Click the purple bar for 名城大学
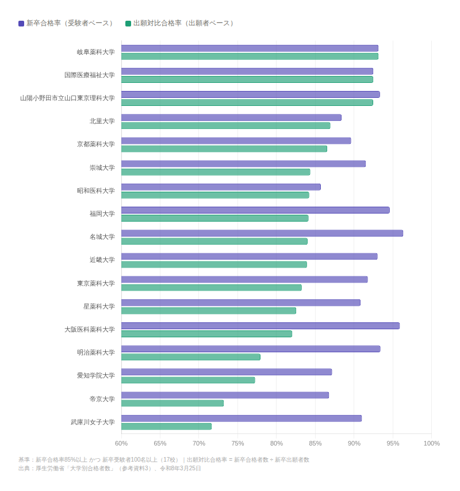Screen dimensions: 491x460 262,233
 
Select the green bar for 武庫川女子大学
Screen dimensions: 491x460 166,427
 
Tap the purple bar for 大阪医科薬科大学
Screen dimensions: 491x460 260,326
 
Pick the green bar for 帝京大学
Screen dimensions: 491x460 172,404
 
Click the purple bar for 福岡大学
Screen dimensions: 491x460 255,210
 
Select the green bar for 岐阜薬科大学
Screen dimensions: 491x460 250,56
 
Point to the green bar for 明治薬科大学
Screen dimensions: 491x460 190,357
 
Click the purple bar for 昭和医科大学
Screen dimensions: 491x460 221,187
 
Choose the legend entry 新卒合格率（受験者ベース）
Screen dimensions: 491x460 67,23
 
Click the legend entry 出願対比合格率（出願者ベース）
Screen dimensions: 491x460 181,23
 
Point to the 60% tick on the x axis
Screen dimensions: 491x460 121,443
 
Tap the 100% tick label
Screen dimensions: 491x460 431,443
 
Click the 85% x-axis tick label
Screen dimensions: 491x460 315,443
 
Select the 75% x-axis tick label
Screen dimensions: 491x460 237,443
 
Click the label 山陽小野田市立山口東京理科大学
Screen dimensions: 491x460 67,98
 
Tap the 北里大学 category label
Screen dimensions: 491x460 102,121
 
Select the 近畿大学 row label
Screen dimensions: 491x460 102,260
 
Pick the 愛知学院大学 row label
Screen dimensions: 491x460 95,376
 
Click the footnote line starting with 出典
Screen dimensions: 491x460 110,469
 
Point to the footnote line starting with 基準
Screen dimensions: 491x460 163,460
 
